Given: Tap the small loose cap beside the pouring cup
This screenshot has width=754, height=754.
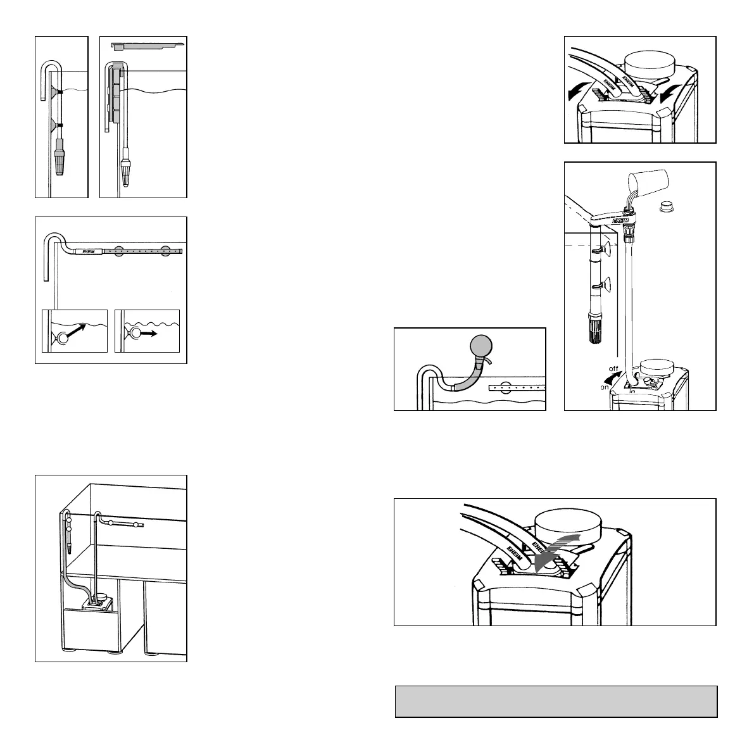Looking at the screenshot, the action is pyautogui.click(x=666, y=206).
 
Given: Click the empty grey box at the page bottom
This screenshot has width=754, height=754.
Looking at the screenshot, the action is pyautogui.click(x=555, y=701).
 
